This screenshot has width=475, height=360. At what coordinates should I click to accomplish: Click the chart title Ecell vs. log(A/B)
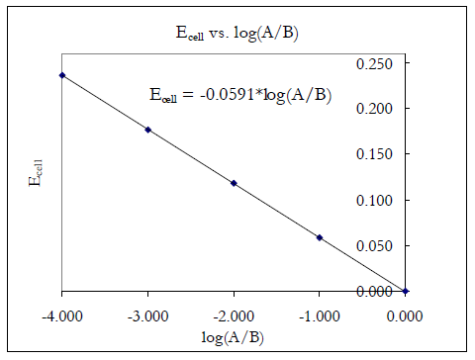(235, 33)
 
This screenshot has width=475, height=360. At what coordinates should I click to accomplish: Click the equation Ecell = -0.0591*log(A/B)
(241, 96)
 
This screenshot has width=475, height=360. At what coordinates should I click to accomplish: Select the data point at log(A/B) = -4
(61, 75)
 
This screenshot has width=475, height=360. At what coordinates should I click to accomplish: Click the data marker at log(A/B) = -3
(147, 130)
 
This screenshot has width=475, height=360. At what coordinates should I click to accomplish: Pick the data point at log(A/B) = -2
(234, 183)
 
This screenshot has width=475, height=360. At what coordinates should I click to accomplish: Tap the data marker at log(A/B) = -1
(320, 237)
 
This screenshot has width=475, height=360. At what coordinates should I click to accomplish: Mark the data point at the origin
(406, 291)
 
